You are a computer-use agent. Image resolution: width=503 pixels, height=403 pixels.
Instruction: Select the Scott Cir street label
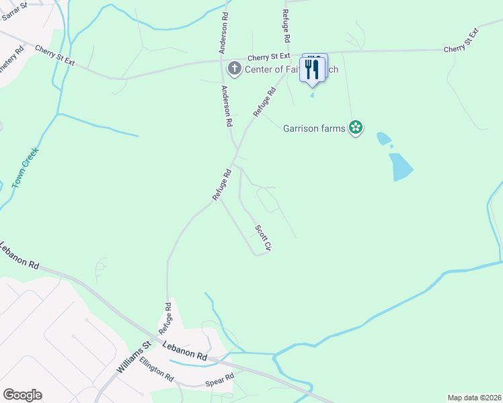point(263,238)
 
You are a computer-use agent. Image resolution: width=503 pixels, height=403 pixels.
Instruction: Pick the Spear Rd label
point(219,381)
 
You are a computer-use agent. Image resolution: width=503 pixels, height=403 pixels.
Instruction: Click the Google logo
point(22,395)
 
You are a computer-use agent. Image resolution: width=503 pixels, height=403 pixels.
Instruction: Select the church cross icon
point(234,68)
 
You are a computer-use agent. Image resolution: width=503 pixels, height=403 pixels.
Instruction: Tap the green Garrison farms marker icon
point(356,127)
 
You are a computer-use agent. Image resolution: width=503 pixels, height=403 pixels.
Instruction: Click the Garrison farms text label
point(314,127)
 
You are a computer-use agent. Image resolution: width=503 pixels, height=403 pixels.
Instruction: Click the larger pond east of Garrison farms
point(401,166)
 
